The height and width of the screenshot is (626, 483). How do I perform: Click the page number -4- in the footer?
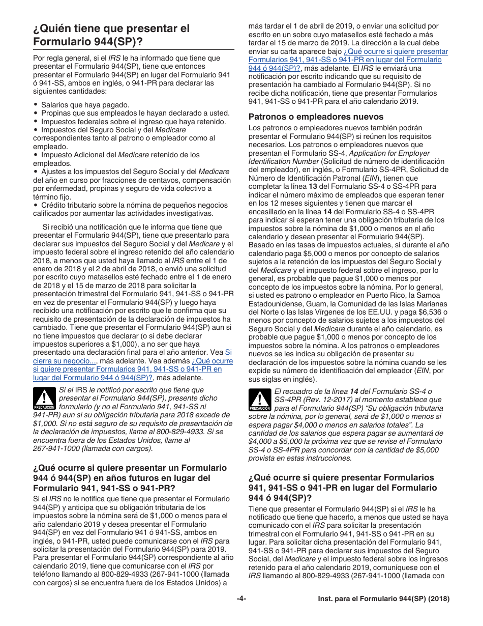coord(242,599)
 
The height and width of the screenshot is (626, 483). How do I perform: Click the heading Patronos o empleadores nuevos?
coord(316,117)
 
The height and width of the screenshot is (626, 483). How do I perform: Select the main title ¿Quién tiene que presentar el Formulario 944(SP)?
coord(111,35)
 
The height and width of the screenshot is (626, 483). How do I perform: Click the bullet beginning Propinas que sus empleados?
coord(135,113)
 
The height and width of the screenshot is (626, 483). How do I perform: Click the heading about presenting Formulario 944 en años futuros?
coord(130,478)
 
